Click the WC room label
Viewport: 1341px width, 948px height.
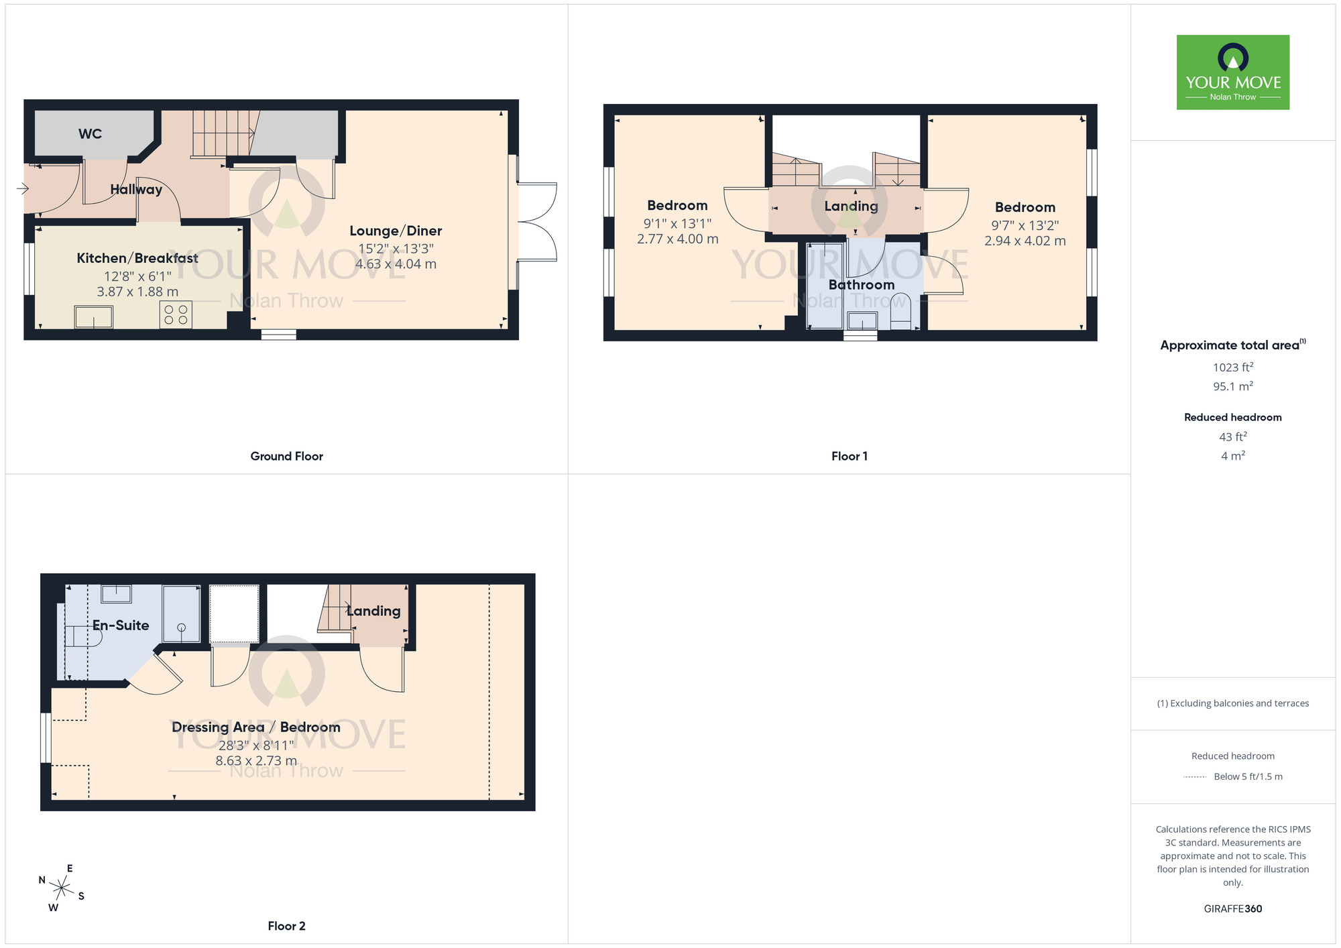click(90, 133)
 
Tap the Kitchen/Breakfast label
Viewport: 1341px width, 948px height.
click(137, 258)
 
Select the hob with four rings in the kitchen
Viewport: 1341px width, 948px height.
click(176, 315)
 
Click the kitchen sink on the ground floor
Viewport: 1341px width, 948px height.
click(94, 316)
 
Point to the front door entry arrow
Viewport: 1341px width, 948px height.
click(23, 189)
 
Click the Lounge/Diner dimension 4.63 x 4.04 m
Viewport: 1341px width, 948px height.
click(396, 264)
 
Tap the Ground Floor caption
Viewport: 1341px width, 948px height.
click(286, 456)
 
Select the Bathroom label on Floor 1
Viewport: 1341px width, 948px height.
click(861, 285)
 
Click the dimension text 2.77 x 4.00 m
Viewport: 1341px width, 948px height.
click(677, 239)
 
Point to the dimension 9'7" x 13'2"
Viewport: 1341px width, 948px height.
click(1025, 225)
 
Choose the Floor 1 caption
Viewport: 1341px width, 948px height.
click(849, 456)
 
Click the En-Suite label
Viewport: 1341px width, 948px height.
click(121, 626)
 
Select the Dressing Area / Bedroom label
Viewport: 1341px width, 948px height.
click(255, 727)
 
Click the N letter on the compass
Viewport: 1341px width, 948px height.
click(42, 880)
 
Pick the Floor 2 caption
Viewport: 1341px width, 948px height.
click(286, 926)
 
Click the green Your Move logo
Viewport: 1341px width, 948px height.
click(1232, 72)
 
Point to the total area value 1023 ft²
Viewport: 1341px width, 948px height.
click(1232, 367)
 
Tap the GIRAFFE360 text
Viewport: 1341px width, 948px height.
click(1232, 909)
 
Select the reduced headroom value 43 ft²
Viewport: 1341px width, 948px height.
click(1232, 437)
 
